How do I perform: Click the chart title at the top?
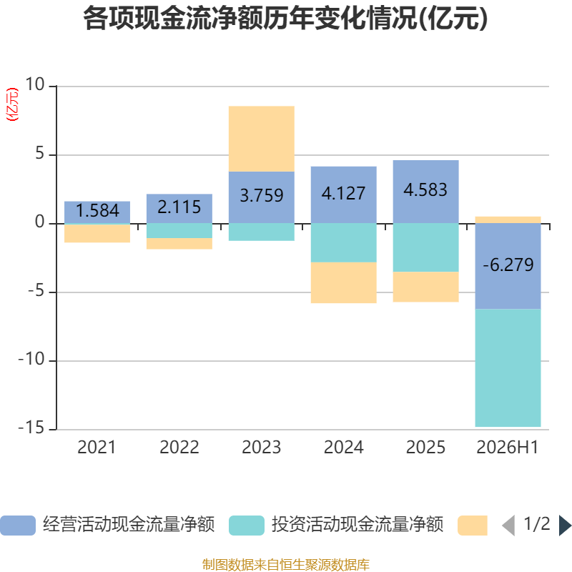(285, 19)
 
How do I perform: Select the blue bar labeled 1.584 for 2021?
(97, 212)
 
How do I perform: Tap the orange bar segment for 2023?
(262, 139)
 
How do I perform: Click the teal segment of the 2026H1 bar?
(508, 368)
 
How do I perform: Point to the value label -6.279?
(508, 265)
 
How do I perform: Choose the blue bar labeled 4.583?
(425, 192)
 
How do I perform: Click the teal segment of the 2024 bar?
(344, 242)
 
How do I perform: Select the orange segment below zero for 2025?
(425, 287)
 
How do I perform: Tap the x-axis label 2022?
(179, 448)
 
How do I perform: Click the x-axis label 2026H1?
(508, 448)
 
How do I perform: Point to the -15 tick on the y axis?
(31, 428)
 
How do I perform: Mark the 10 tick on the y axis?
(34, 84)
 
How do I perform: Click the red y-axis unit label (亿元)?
(12, 104)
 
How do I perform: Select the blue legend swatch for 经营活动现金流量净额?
(18, 526)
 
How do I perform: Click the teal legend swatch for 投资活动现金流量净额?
(247, 526)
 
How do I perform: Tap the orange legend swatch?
(473, 526)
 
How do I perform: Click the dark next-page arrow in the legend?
(565, 526)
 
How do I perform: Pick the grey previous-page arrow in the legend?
(508, 526)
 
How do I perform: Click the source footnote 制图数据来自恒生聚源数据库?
(285, 564)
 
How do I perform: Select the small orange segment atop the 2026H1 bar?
(508, 220)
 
